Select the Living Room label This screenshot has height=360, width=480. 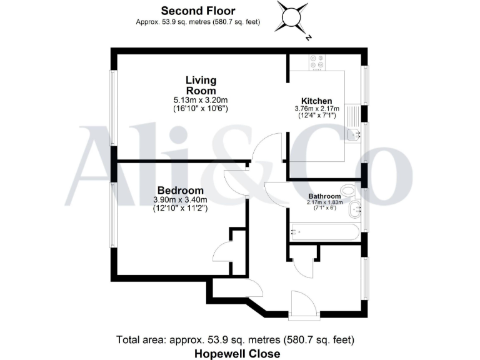(201, 85)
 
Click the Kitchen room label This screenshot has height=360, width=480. (316, 101)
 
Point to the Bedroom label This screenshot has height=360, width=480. (180, 191)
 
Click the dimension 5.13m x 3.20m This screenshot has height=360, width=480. (201, 99)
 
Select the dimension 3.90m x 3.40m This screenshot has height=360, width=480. (180, 200)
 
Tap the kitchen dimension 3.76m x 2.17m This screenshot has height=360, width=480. (316, 109)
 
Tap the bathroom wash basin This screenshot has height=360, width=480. (354, 209)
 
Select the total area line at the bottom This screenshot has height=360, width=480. (236, 340)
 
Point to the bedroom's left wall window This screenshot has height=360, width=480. (113, 216)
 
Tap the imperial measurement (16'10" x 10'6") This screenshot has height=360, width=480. (201, 108)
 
